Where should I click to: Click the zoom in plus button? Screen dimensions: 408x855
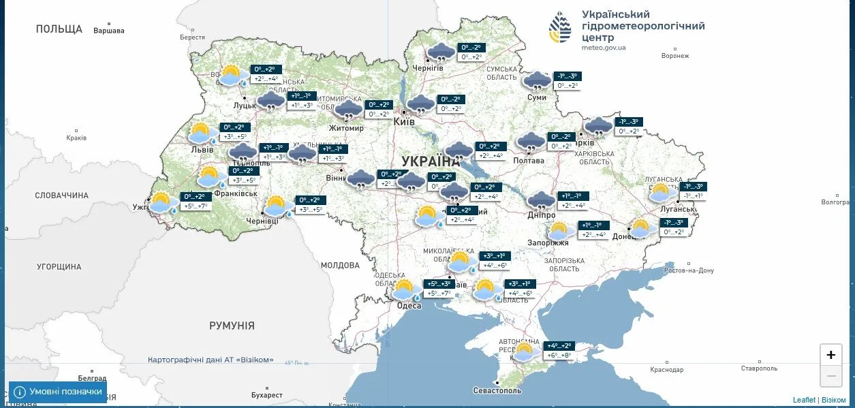[x=830, y=355]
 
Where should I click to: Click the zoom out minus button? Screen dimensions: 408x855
[x=830, y=375]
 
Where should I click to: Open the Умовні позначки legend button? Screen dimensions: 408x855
[x=58, y=392]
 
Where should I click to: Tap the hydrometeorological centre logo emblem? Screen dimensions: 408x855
[x=561, y=27]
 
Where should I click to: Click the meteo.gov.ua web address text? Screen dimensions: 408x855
[x=604, y=48]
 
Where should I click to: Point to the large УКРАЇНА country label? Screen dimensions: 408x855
[x=431, y=161]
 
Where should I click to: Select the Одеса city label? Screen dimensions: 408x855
[x=409, y=306]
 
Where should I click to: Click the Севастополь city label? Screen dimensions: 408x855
[x=497, y=390]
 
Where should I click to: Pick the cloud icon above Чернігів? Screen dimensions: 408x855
[x=441, y=52]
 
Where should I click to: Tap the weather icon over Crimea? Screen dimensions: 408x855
[x=524, y=351]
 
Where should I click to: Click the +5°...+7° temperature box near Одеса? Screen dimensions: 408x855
[x=438, y=294]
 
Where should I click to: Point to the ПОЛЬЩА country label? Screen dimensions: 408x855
[x=59, y=29]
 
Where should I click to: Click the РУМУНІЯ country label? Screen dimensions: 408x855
[x=232, y=326]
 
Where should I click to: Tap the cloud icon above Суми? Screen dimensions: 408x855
[x=538, y=81]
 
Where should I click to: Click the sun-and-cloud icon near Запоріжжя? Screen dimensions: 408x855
[x=558, y=230]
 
